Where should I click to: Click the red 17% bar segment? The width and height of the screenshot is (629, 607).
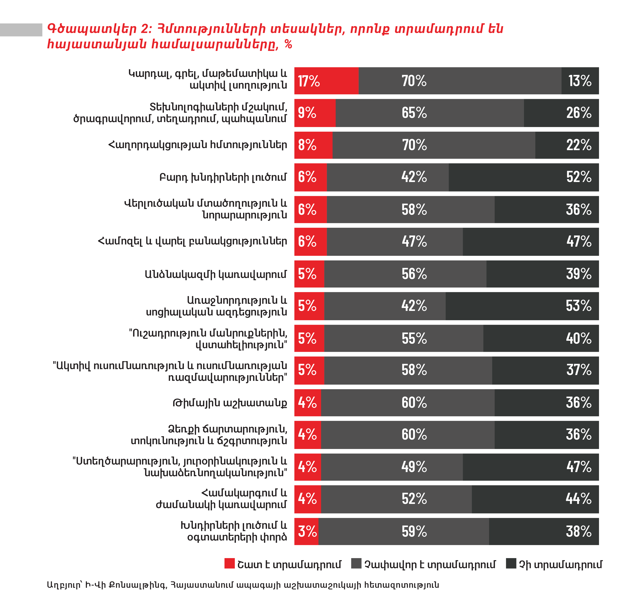click(x=326, y=81)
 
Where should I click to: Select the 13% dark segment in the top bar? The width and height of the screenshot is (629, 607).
click(x=580, y=81)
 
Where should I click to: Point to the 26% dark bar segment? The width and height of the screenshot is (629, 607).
click(x=561, y=113)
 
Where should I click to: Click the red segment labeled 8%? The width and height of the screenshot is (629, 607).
click(x=313, y=145)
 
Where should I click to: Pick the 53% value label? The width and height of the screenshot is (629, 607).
click(x=579, y=306)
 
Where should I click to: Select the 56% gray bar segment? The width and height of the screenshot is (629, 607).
click(x=405, y=274)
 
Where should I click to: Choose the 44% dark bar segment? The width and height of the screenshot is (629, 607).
click(x=535, y=499)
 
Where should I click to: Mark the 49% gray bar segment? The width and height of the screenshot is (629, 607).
click(x=392, y=467)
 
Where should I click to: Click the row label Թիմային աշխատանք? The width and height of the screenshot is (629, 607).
click(x=230, y=403)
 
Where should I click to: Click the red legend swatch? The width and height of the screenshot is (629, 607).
click(x=229, y=563)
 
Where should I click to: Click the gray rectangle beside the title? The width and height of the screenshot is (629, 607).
click(x=21, y=30)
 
